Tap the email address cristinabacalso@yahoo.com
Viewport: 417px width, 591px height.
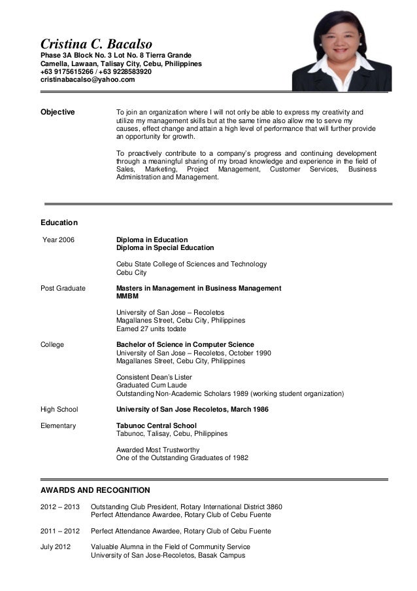coord(88,80)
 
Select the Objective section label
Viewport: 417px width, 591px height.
coord(58,112)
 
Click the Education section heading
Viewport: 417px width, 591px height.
coord(59,223)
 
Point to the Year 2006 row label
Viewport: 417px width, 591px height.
coord(58,240)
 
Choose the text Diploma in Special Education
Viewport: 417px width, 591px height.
coord(165,248)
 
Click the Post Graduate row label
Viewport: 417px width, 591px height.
coord(63,288)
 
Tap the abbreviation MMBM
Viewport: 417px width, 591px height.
coord(127,296)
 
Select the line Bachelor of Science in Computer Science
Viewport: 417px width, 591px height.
coord(185,344)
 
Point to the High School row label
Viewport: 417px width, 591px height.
coord(59,409)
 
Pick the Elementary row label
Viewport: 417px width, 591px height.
coord(58,425)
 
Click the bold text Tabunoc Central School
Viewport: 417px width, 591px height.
coord(156,425)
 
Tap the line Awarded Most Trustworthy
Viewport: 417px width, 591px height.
coord(158,450)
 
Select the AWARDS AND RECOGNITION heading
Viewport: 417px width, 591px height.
coord(95,490)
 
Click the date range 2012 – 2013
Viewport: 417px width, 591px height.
coord(60,507)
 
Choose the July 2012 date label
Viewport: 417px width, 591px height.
coord(56,546)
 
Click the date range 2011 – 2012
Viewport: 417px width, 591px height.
coord(60,531)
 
